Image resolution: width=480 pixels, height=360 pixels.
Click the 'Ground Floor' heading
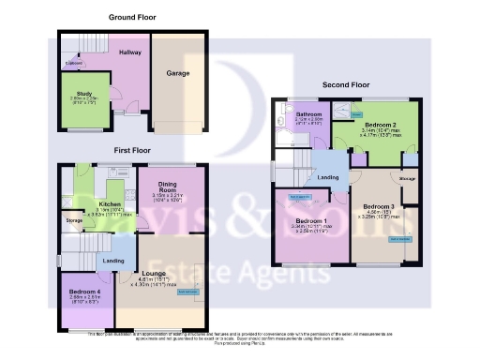tap(131, 17)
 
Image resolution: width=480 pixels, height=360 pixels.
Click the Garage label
tap(178, 73)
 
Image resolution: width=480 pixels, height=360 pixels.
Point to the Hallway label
tap(129, 52)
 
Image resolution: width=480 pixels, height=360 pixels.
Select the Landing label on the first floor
tap(113, 260)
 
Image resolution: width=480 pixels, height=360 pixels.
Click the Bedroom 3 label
tap(378, 206)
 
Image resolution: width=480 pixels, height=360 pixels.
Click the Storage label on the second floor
tap(407, 177)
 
